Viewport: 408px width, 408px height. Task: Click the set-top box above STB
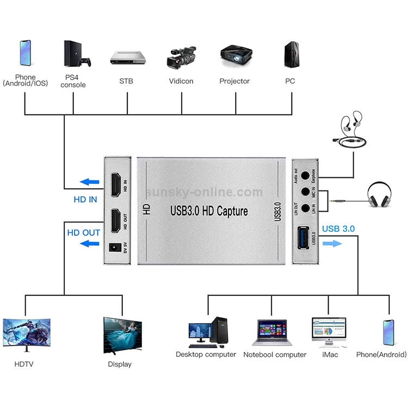(126, 58)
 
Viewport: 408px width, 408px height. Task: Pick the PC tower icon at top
(289, 54)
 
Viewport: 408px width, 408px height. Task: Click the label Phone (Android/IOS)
(25, 81)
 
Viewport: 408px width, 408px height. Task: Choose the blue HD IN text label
(85, 200)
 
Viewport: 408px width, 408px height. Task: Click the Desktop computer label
(206, 355)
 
